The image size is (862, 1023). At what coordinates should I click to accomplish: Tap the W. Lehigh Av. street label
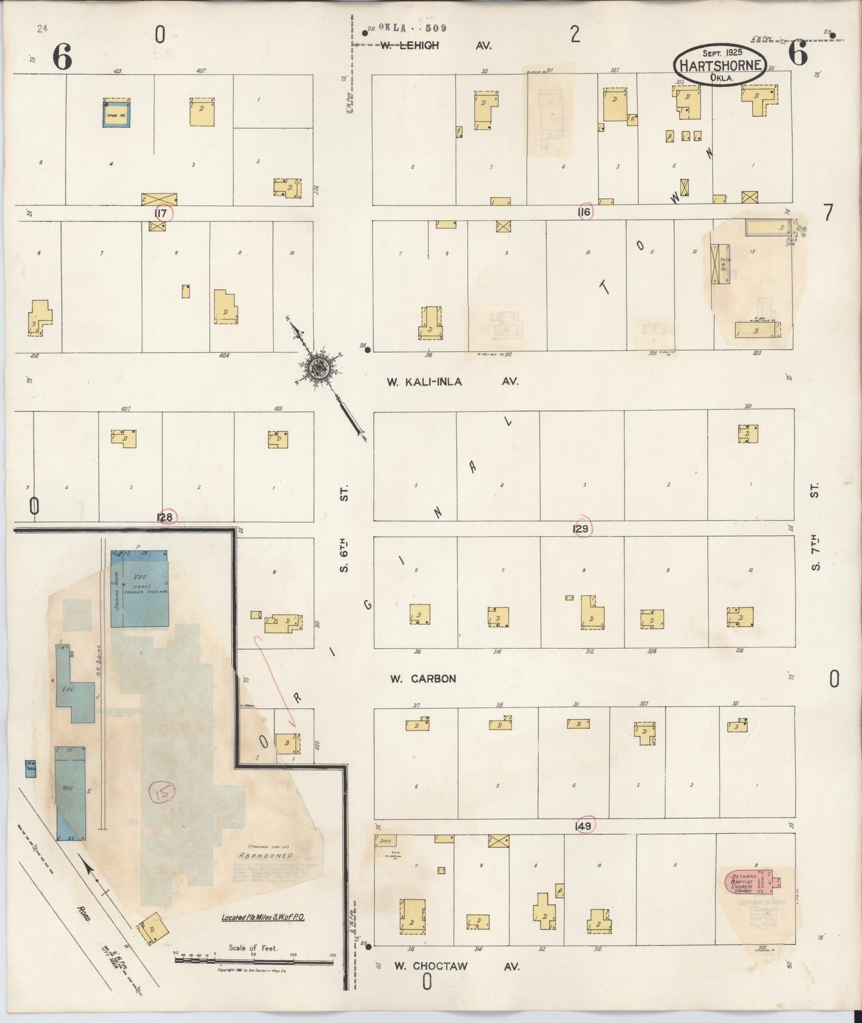(x=435, y=45)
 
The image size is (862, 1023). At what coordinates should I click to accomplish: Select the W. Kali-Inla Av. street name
(x=452, y=382)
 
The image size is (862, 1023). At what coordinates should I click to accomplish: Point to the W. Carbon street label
(x=423, y=679)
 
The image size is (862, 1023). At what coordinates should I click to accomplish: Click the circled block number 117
(x=161, y=213)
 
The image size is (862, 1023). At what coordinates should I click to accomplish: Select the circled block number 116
(x=584, y=212)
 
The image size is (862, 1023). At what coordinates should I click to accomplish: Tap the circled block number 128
(x=165, y=517)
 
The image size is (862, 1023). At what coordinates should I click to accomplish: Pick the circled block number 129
(x=581, y=529)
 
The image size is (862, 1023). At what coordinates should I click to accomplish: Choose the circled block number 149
(x=583, y=826)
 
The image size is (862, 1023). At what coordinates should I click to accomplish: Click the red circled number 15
(x=162, y=791)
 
